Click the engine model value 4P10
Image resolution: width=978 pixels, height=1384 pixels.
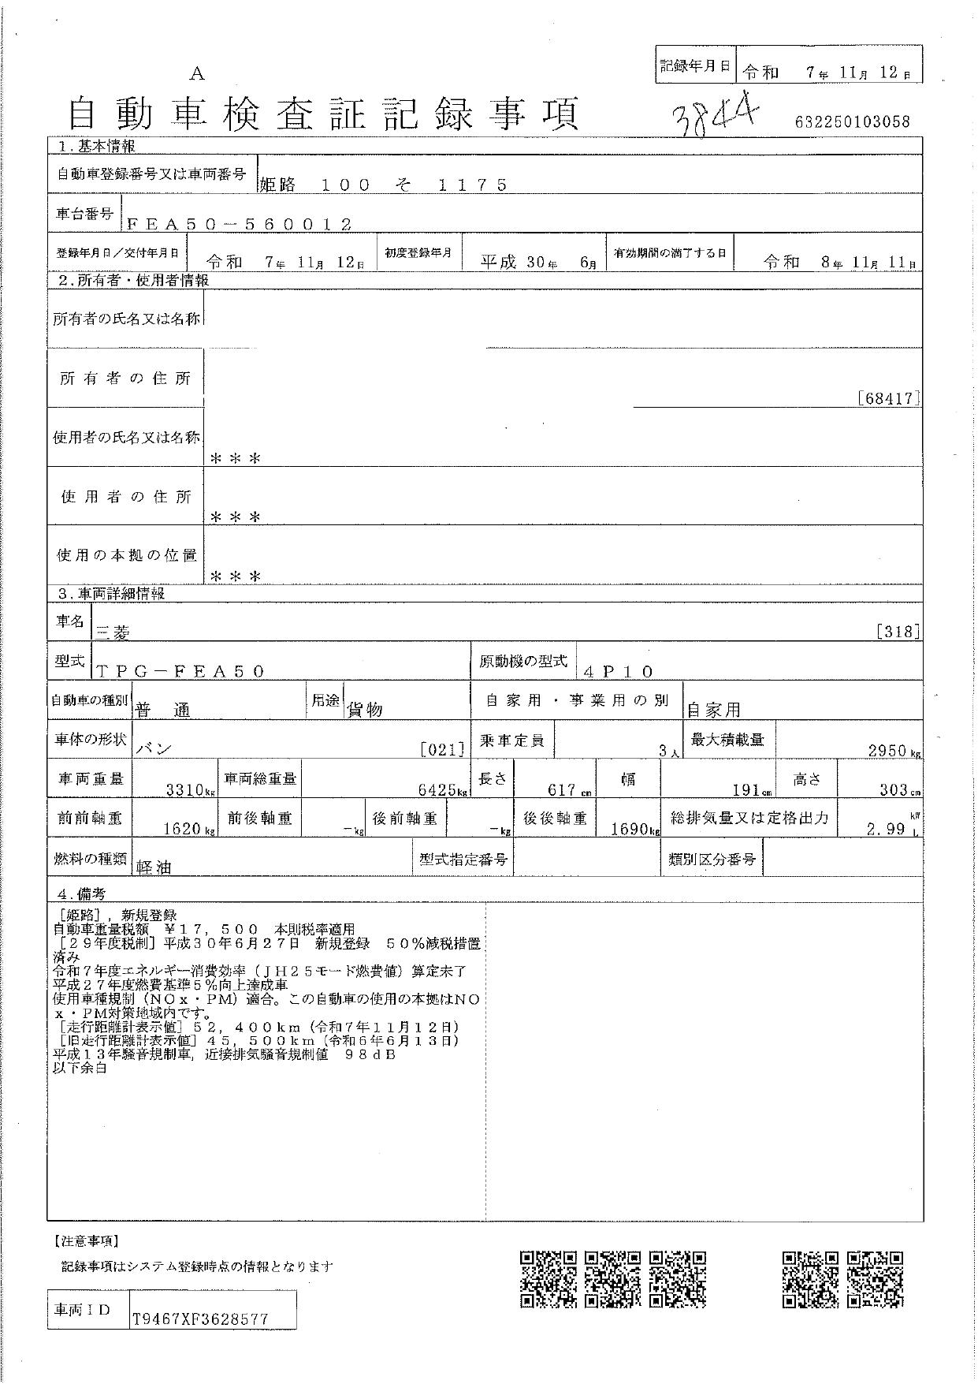619,672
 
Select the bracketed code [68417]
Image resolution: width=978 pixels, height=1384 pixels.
889,398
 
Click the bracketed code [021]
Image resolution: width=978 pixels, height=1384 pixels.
442,749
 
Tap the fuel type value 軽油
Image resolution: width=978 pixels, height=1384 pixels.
154,867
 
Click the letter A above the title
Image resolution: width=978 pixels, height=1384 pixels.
197,74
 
